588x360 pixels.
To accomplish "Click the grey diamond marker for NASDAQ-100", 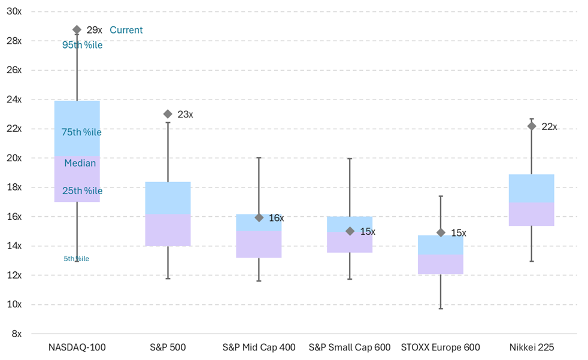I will [x=77, y=29].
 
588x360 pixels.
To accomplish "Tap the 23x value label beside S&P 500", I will [x=186, y=114].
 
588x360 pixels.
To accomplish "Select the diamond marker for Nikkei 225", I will [x=531, y=126].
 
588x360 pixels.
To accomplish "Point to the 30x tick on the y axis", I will [x=14, y=11].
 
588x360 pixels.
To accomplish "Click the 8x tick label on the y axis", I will [x=16, y=334].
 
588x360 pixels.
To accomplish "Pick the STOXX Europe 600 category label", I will [x=440, y=347].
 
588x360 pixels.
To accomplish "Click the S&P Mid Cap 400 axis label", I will [x=259, y=347].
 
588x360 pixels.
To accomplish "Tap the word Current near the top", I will [x=126, y=30].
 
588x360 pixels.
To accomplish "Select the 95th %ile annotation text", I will [x=83, y=45].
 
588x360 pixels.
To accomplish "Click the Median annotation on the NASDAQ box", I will [x=80, y=163].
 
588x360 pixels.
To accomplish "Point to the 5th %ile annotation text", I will [x=76, y=259].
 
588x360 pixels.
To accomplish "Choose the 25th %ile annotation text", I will [x=82, y=191].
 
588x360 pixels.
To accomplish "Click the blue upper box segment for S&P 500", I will [x=168, y=198].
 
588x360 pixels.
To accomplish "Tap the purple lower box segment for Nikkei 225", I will [x=531, y=214].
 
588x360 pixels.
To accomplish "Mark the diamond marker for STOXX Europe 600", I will [x=441, y=232].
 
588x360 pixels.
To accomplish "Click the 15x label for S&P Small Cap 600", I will [x=368, y=232].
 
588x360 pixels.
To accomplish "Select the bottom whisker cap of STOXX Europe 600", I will [x=441, y=308].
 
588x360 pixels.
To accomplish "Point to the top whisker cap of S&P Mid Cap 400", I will [x=259, y=158].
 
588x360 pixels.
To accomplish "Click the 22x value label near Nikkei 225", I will [x=549, y=126].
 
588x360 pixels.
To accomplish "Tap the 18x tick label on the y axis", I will [x=14, y=187].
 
